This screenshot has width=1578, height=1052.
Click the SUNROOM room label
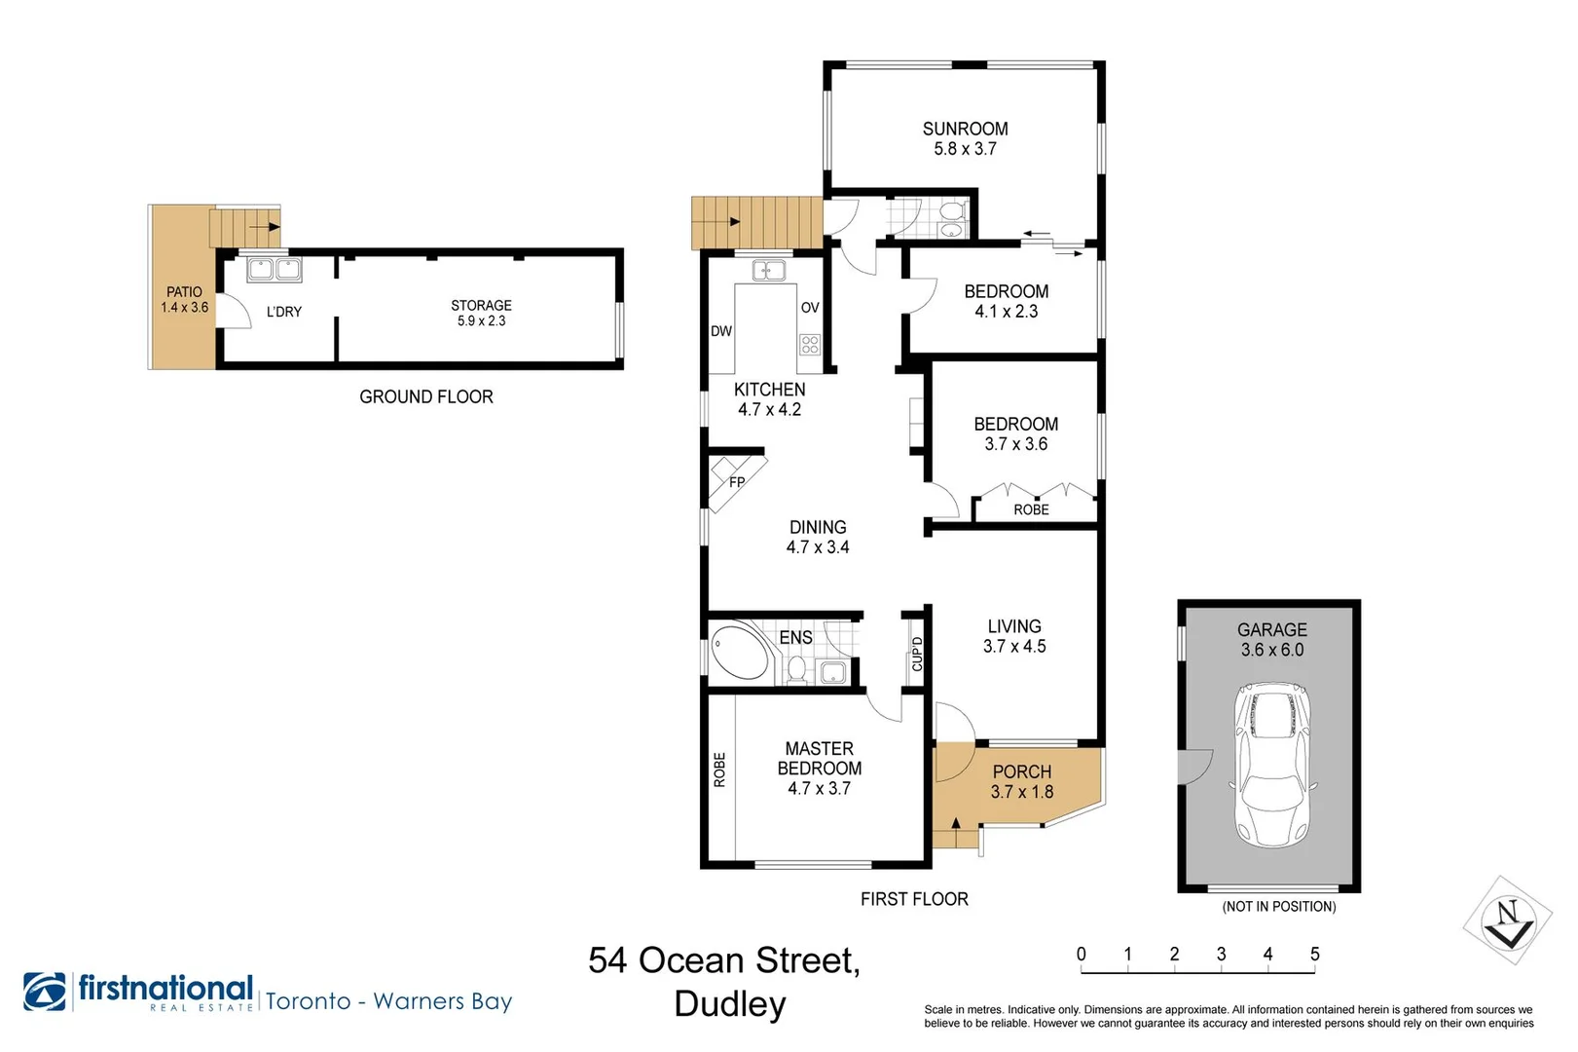click(965, 129)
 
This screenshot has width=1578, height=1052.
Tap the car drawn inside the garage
click(1272, 765)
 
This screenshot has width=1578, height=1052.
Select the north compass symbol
click(1508, 920)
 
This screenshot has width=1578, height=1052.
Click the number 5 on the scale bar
click(1314, 954)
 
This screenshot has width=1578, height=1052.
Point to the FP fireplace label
click(737, 482)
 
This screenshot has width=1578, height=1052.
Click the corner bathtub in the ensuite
click(740, 650)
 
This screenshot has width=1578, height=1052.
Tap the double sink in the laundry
click(275, 270)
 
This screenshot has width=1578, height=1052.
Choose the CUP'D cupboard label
click(916, 654)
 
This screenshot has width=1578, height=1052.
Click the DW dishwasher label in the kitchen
click(720, 330)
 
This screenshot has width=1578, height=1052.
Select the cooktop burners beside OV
click(810, 344)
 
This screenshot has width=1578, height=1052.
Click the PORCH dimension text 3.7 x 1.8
click(1021, 792)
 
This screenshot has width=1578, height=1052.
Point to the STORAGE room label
click(481, 305)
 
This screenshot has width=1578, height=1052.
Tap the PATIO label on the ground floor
click(184, 292)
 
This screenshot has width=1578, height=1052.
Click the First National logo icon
click(45, 992)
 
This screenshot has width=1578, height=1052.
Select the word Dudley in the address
click(730, 1004)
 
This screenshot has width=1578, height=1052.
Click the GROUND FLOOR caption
click(426, 397)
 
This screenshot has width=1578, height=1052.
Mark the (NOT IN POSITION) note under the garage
click(1278, 907)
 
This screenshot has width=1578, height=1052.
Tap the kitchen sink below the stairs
click(769, 270)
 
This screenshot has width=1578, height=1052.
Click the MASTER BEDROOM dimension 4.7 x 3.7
click(819, 788)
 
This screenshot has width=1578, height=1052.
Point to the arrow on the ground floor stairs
click(265, 227)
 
